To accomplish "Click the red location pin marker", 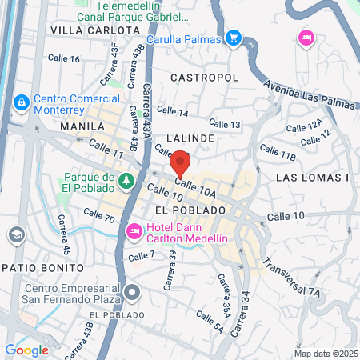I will [181, 163].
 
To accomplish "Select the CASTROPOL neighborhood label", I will [205, 77].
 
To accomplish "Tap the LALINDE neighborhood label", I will [190, 138].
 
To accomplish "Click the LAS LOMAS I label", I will [313, 177].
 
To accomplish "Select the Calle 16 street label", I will [64, 59].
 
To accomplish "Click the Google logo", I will [26, 350].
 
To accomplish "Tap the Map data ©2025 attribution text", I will [325, 354].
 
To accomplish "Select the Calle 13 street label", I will [225, 123].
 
